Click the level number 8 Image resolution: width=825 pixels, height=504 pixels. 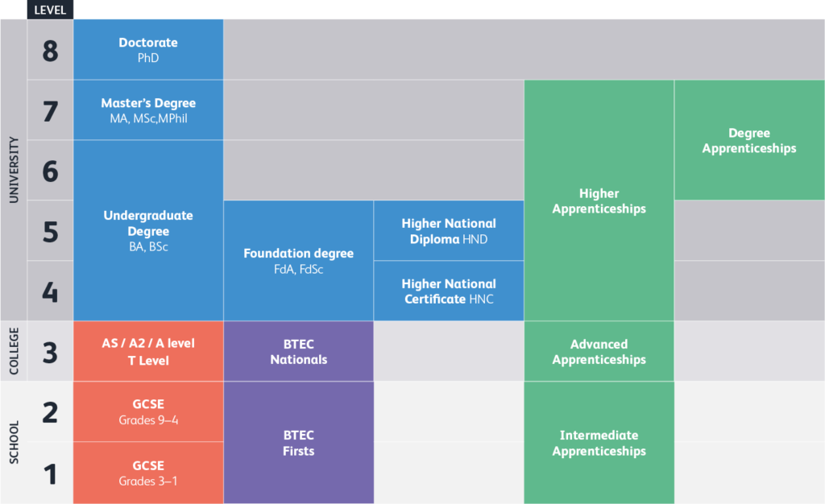(x=50, y=51)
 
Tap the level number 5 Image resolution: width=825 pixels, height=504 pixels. (x=50, y=232)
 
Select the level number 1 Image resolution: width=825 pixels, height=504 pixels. (x=50, y=474)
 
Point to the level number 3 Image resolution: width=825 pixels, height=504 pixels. (x=50, y=352)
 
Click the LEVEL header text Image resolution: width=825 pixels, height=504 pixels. (x=50, y=10)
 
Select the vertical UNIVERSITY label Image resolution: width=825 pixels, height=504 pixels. (x=14, y=170)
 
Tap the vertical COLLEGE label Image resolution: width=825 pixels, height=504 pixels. (x=14, y=350)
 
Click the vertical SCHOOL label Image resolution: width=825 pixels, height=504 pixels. (x=14, y=442)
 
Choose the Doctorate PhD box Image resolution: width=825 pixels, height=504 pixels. (x=148, y=50)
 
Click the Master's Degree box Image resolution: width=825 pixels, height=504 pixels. (x=148, y=110)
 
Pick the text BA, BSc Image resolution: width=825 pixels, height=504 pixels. (x=148, y=247)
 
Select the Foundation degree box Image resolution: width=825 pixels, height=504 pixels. (x=298, y=261)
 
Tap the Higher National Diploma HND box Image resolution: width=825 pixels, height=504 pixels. (x=449, y=231)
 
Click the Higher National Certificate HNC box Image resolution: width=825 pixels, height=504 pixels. (x=449, y=291)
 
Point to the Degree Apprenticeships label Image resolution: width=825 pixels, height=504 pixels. (x=749, y=141)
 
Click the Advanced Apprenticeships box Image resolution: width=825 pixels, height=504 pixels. (x=599, y=352)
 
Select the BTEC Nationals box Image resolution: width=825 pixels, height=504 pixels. (x=298, y=352)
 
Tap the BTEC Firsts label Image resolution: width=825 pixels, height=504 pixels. (x=298, y=443)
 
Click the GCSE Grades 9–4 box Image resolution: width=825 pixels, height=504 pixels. (x=148, y=411)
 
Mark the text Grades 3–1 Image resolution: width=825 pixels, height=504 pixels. (x=148, y=481)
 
